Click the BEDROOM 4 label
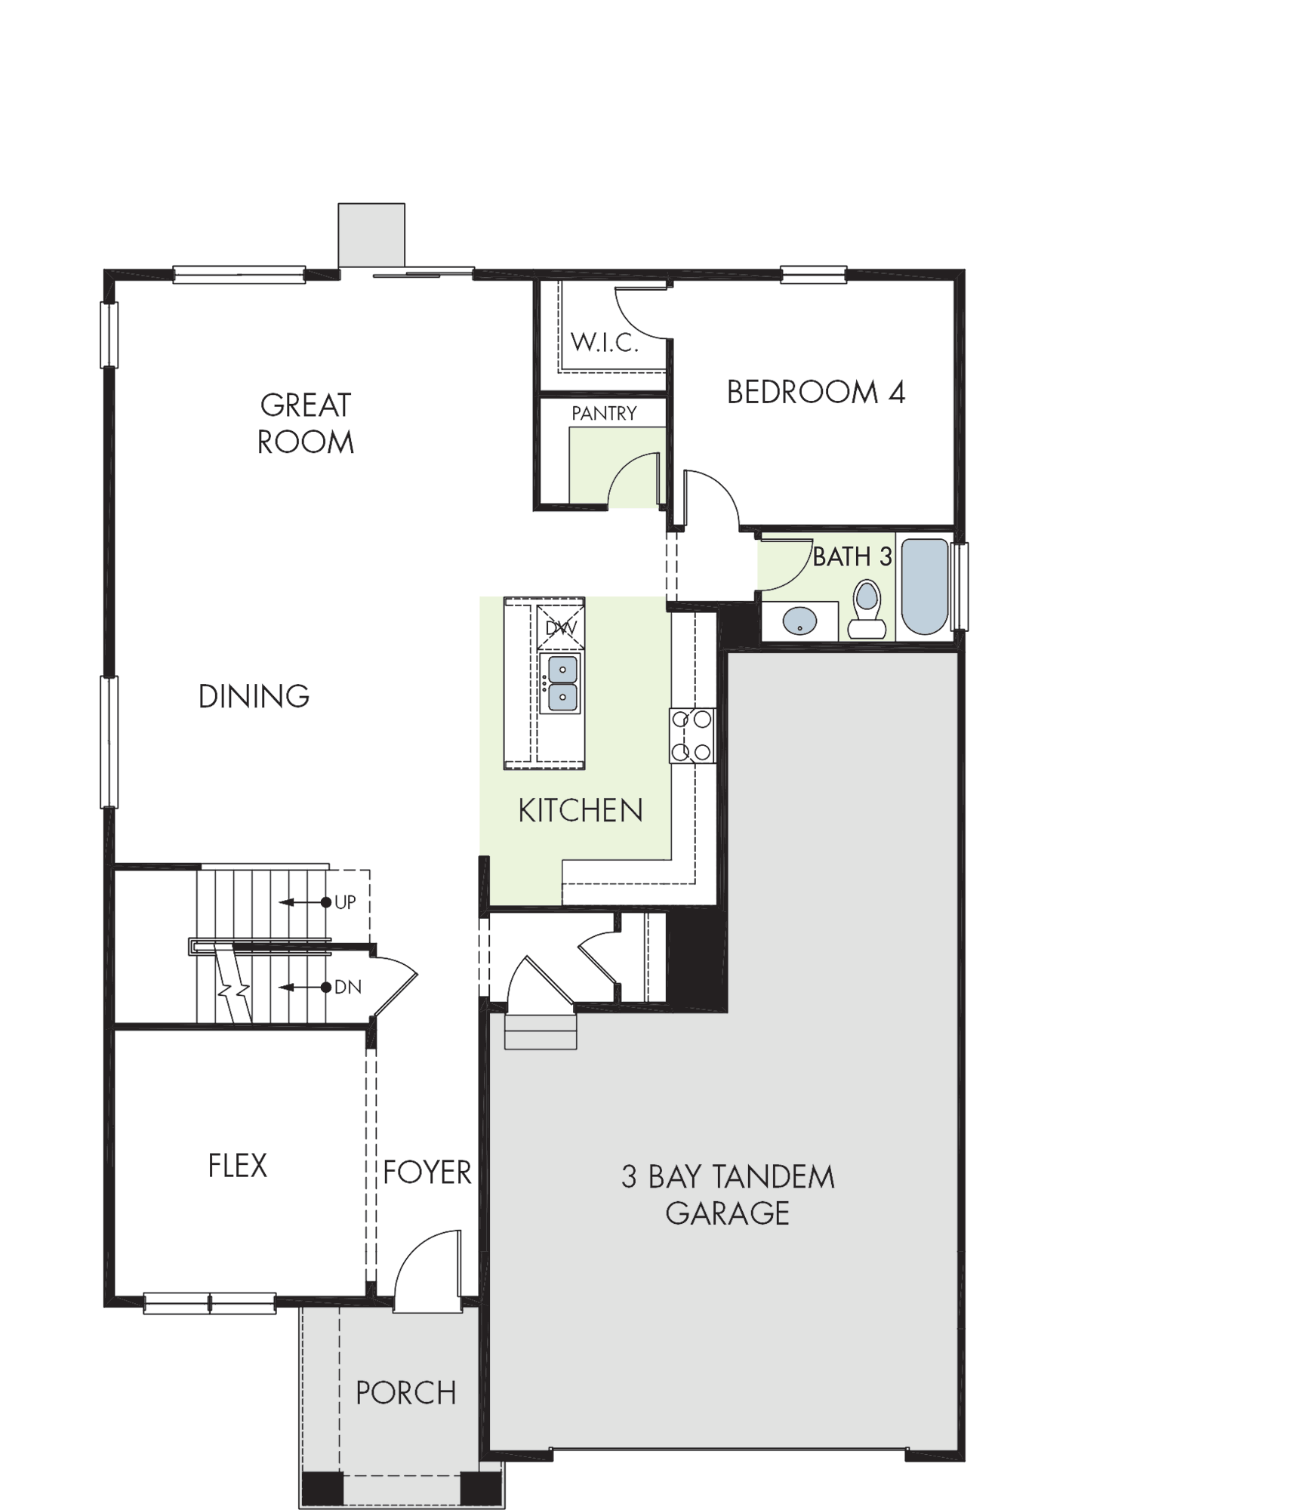tap(815, 393)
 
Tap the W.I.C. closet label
tap(605, 343)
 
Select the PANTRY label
tap(604, 413)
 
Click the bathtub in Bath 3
tap(925, 586)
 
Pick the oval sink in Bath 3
tap(799, 622)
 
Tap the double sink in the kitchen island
tap(562, 683)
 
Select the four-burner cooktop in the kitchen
tap(692, 735)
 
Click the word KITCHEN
tap(581, 811)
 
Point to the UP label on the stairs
tap(345, 902)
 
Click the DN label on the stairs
tap(348, 988)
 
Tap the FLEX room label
tap(238, 1166)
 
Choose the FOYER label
tap(427, 1173)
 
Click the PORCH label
tap(406, 1393)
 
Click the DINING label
tap(254, 696)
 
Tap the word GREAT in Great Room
tap(306, 405)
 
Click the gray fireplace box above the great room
tap(371, 235)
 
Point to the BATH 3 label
tap(852, 557)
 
